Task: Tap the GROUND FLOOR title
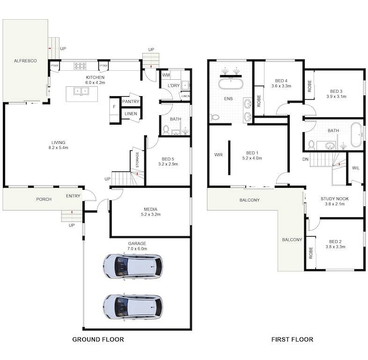tap(98, 339)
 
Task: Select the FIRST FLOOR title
tap(292, 339)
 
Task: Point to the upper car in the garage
tap(133, 266)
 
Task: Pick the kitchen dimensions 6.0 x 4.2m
tap(95, 82)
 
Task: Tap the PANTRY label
tap(131, 101)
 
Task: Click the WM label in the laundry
tap(166, 75)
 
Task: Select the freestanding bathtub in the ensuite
tap(231, 85)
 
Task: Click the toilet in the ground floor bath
tap(166, 129)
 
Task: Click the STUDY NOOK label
tap(332, 199)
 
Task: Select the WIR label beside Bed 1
tap(218, 154)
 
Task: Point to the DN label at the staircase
tap(305, 159)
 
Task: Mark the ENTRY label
tap(73, 196)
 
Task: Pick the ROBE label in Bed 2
tap(311, 254)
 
